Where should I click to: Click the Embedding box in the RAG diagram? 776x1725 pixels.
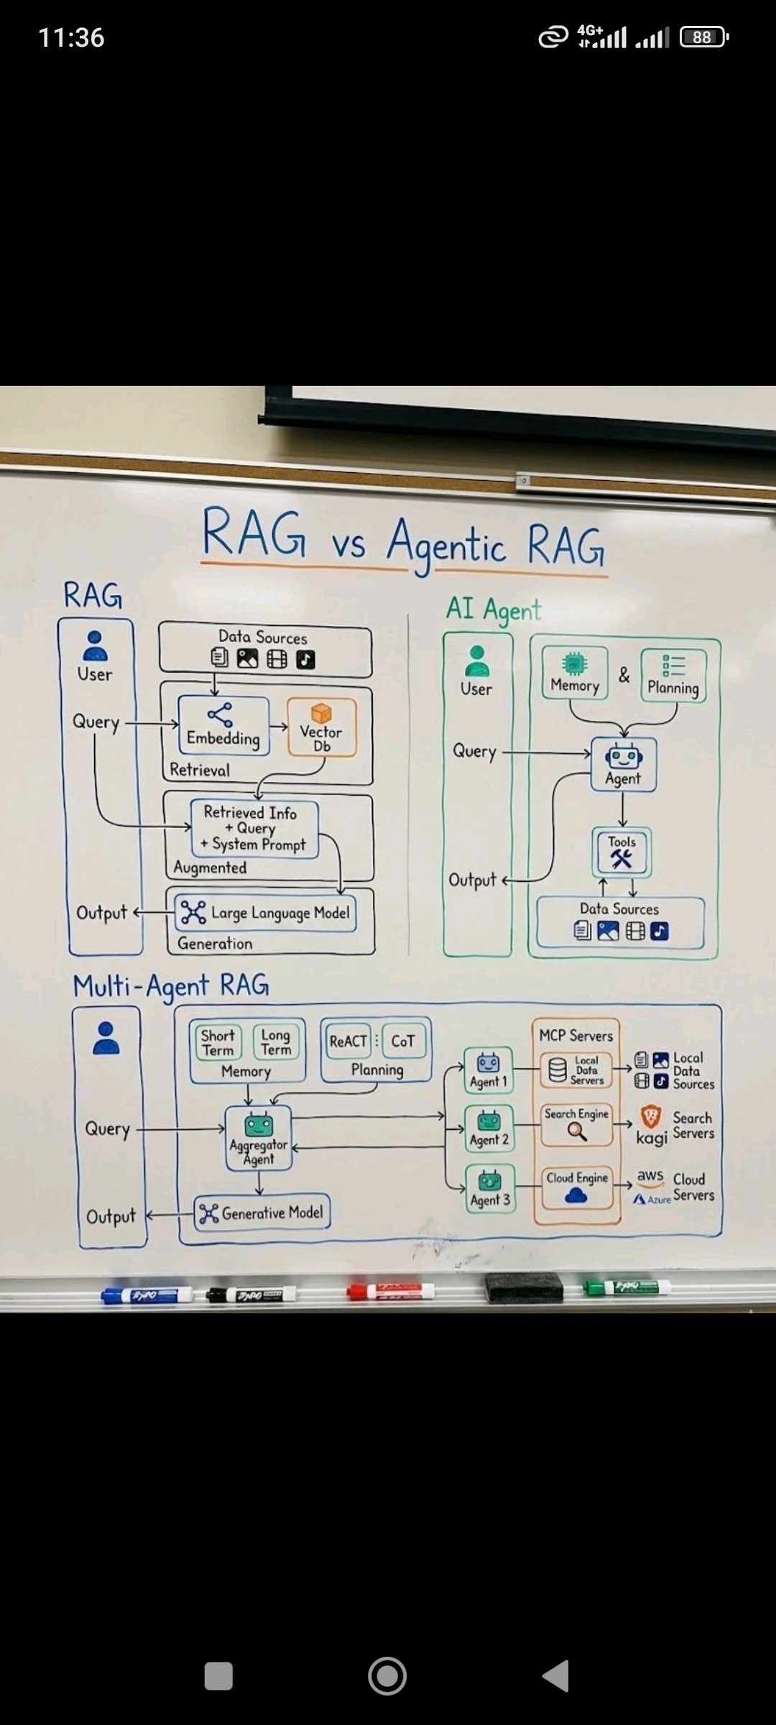tap(223, 726)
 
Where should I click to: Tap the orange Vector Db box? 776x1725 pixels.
tap(321, 727)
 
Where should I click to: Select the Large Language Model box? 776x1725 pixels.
tap(266, 913)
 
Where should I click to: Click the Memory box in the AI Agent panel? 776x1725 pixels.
tap(575, 673)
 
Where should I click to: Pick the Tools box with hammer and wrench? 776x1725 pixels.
tap(622, 852)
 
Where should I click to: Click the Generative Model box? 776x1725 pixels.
tap(262, 1213)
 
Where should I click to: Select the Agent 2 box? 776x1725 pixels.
tap(489, 1128)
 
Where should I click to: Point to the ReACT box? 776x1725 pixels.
tap(348, 1041)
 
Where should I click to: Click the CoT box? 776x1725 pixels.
tap(403, 1041)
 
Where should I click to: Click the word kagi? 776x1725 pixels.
tap(652, 1138)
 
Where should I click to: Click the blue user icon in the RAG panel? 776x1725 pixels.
tap(96, 645)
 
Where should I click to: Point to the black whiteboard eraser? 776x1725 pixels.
tap(524, 1287)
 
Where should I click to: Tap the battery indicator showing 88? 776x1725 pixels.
tap(703, 37)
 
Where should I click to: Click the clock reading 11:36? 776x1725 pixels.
tap(71, 37)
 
